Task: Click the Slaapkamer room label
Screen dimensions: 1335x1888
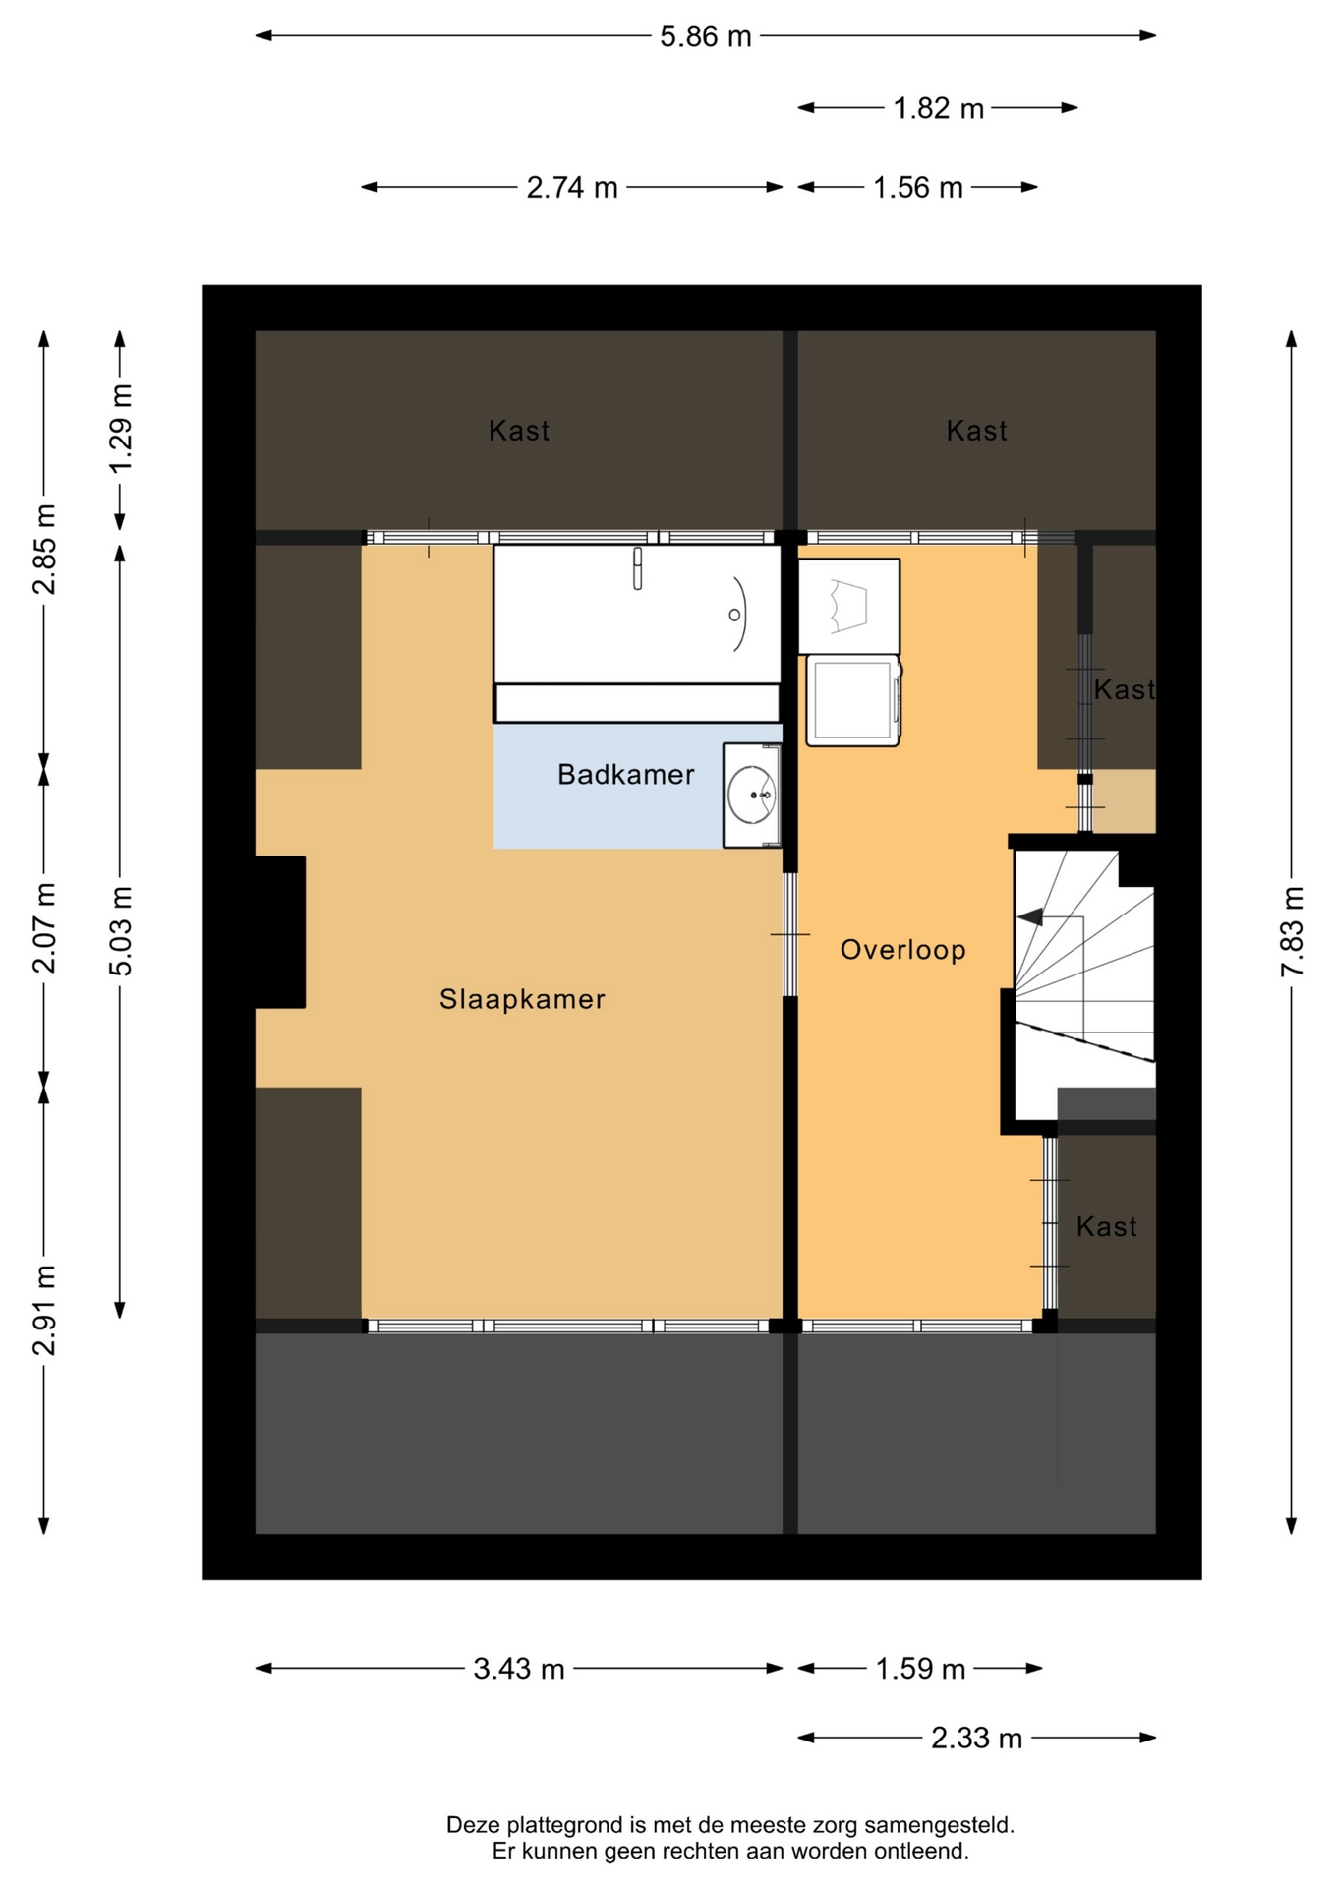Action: click(x=522, y=999)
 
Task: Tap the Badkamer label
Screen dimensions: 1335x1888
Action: click(x=626, y=775)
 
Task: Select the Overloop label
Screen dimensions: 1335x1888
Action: click(x=902, y=950)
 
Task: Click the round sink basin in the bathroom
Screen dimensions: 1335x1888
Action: click(x=753, y=795)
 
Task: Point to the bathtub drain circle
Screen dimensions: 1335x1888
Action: click(x=734, y=615)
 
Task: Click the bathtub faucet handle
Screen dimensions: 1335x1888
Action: click(x=637, y=568)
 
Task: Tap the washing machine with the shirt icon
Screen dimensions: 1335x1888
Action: click(x=848, y=606)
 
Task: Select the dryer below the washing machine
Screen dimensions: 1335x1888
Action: click(x=853, y=701)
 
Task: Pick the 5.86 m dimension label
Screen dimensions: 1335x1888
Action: click(x=705, y=36)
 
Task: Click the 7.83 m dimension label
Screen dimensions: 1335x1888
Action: click(x=1292, y=930)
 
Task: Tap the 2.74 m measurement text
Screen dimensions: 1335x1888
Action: click(x=572, y=187)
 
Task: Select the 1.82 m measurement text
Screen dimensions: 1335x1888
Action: click(x=938, y=108)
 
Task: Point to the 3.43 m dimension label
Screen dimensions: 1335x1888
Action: click(x=519, y=1669)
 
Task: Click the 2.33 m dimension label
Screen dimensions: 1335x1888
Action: click(x=976, y=1739)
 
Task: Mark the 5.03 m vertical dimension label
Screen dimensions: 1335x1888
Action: click(x=120, y=929)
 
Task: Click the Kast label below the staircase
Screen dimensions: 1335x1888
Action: click(x=1106, y=1226)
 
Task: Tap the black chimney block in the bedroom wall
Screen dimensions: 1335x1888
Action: click(x=279, y=932)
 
